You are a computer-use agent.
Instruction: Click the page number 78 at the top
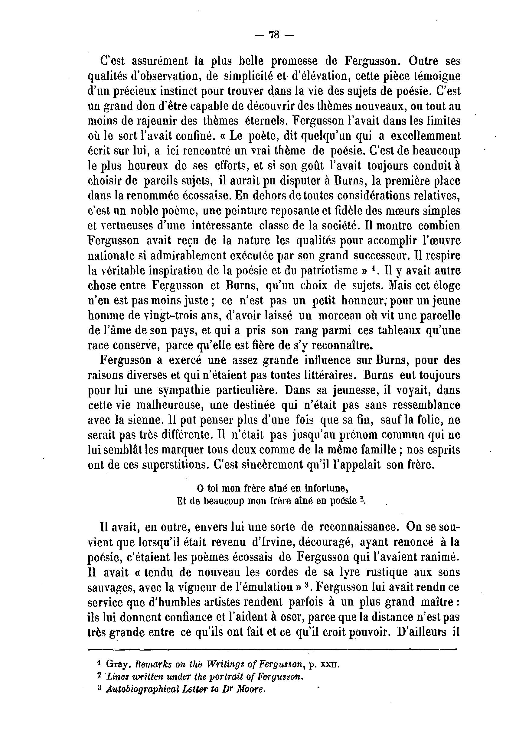274,35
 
